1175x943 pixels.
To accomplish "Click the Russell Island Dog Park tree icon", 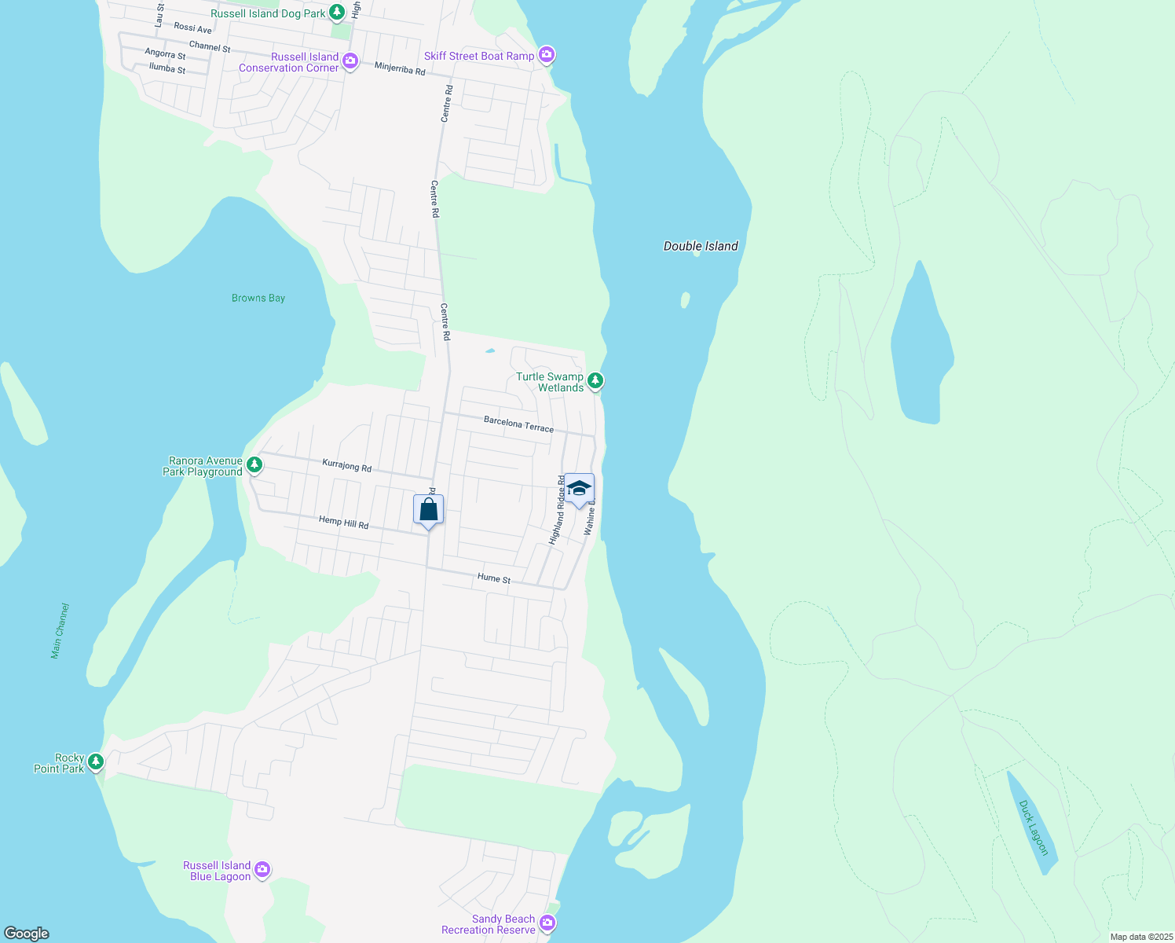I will (x=337, y=13).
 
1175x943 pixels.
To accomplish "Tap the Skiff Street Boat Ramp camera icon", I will (x=547, y=55).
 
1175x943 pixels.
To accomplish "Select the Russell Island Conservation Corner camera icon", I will (x=350, y=61).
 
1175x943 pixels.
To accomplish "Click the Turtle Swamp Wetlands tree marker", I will (x=595, y=381).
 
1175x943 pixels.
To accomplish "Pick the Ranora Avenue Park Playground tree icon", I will (x=254, y=465).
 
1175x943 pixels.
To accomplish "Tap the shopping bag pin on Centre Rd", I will (x=428, y=510).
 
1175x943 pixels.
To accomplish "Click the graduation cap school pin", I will (x=579, y=490).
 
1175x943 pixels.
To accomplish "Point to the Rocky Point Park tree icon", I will (x=96, y=761).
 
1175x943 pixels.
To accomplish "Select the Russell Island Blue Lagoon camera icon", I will (x=262, y=869).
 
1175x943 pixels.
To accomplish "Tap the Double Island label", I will (x=701, y=246).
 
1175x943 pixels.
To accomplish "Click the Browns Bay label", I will (x=258, y=298).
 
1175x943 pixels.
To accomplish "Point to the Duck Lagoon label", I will (x=1033, y=827).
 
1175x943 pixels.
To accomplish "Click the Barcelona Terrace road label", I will (x=518, y=424).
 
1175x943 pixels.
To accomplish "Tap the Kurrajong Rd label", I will (x=346, y=465).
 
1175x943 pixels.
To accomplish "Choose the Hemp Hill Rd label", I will (x=343, y=522).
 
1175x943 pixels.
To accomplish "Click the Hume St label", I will (x=494, y=578).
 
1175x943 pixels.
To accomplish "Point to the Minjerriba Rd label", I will (x=400, y=69).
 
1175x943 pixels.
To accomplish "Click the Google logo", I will (x=27, y=933).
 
